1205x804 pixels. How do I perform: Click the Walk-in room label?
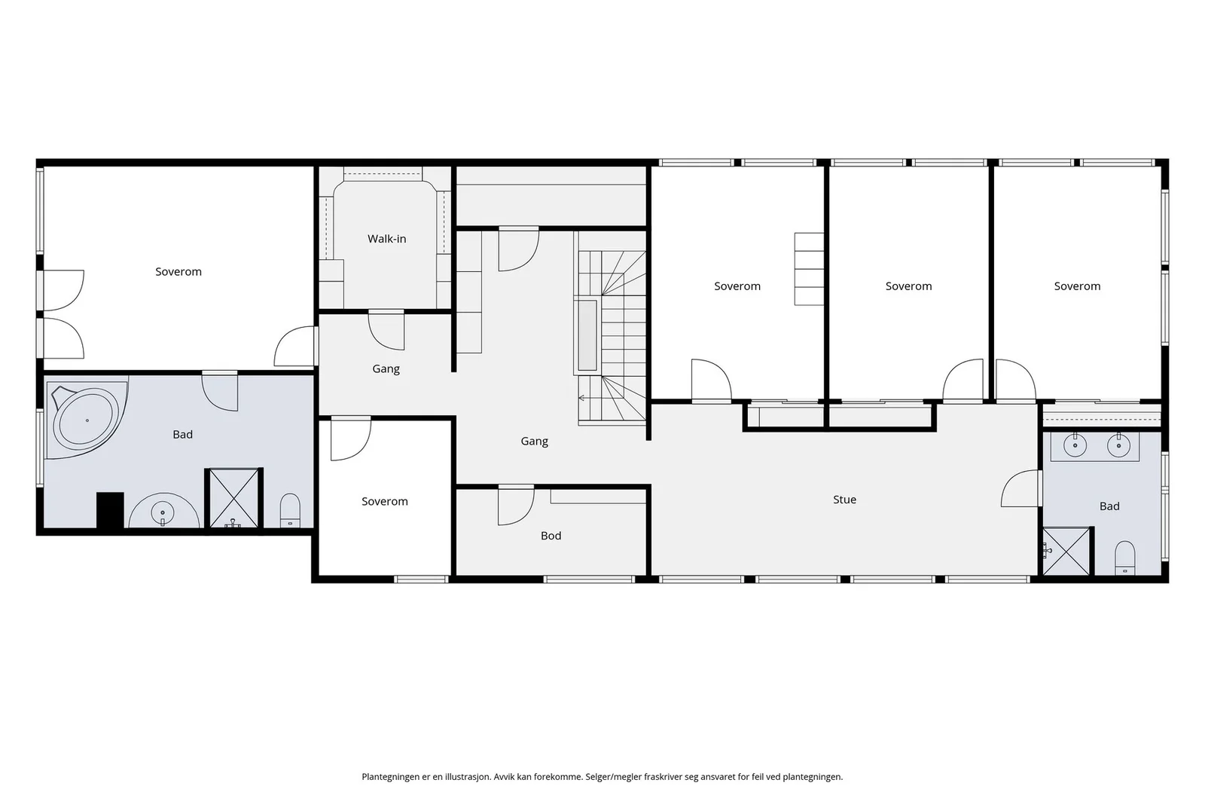(387, 239)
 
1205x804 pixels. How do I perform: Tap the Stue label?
(844, 500)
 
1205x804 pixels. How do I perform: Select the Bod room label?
(551, 536)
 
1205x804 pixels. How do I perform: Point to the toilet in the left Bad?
(290, 510)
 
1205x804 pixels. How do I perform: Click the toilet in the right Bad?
(1125, 558)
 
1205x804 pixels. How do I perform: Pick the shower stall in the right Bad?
(1066, 551)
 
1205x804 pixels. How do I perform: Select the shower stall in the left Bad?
(233, 498)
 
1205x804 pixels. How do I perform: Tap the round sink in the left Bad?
(163, 510)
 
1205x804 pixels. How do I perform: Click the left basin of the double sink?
(1075, 445)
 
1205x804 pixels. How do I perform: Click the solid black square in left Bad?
(110, 510)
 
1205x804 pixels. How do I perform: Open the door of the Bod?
(515, 506)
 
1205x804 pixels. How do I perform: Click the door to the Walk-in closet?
(386, 330)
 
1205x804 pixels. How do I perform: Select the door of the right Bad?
(1020, 488)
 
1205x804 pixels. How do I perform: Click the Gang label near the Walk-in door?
(386, 369)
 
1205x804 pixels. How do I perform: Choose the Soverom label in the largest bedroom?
(178, 272)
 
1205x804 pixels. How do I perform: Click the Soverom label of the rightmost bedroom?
(1077, 286)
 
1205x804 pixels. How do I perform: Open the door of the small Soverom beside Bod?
(350, 439)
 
